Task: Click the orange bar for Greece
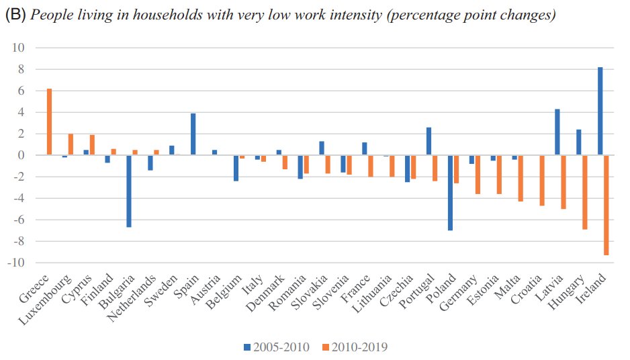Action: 49,122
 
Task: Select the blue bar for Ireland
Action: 600,111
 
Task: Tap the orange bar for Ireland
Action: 606,205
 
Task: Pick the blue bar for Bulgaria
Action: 129,191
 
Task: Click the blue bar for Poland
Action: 450,193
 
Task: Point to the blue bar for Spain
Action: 193,134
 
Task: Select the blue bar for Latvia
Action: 557,132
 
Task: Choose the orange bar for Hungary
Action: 584,192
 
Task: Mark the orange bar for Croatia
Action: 541,180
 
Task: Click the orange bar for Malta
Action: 520,178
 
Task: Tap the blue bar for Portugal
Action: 429,141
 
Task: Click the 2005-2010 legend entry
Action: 275,347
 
